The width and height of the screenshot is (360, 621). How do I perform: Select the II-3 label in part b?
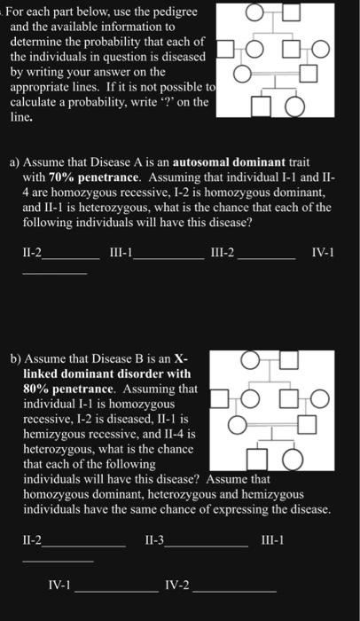(155, 540)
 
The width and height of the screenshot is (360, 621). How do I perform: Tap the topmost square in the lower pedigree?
(289, 359)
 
